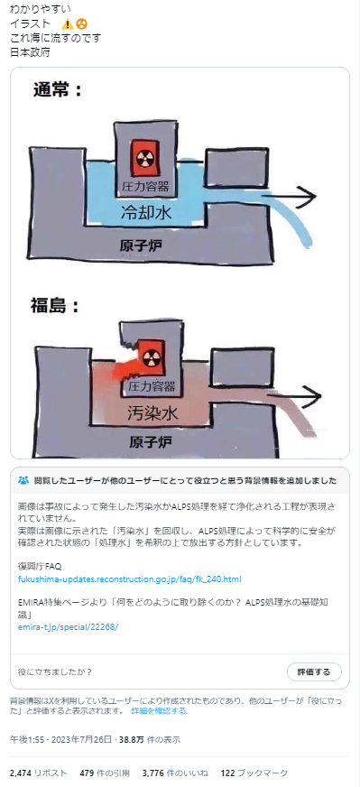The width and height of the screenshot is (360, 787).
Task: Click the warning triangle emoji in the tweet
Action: (68, 23)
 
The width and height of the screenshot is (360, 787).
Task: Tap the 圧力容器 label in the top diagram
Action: (145, 186)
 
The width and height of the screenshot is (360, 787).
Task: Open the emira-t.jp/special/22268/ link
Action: (68, 625)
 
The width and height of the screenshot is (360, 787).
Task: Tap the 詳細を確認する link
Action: (159, 710)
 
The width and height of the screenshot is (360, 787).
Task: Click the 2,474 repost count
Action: (20, 773)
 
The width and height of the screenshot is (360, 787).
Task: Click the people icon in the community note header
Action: (23, 480)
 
